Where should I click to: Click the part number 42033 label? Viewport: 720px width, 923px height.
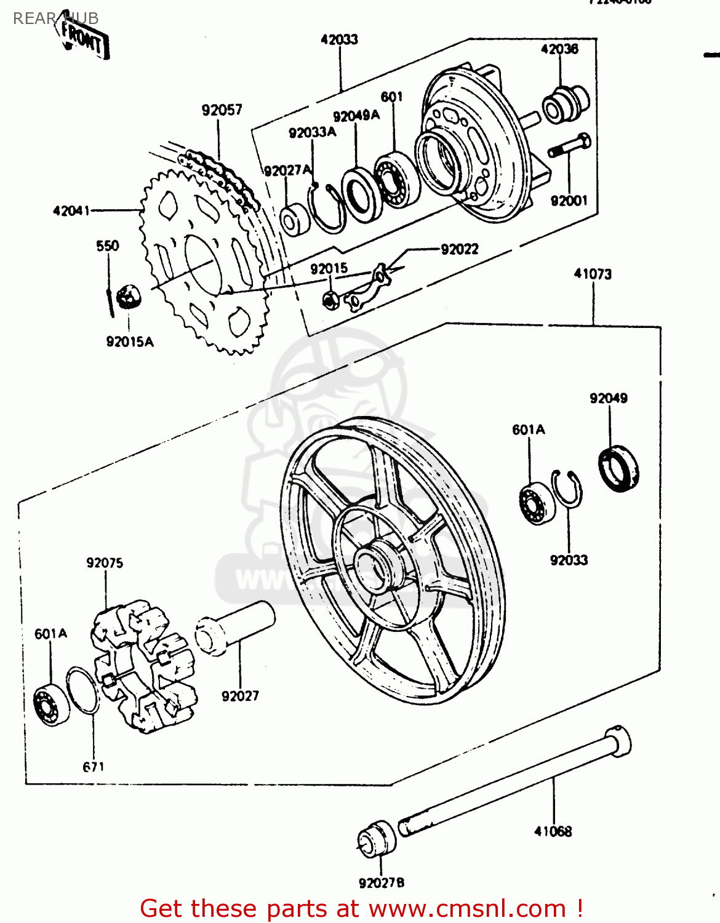[339, 39]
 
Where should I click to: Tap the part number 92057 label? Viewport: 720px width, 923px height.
[222, 110]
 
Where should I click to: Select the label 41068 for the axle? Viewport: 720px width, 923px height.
[553, 831]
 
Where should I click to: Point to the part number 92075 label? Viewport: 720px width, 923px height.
[105, 563]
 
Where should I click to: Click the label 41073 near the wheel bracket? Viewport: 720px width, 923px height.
[593, 274]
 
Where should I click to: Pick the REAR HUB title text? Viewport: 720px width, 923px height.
[55, 18]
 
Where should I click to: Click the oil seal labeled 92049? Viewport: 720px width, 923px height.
[619, 469]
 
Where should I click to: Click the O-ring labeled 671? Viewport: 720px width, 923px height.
[82, 690]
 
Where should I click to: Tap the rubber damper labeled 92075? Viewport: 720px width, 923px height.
[145, 668]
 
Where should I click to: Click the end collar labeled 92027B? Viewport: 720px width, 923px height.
[377, 839]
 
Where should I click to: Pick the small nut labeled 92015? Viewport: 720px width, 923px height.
[331, 300]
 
